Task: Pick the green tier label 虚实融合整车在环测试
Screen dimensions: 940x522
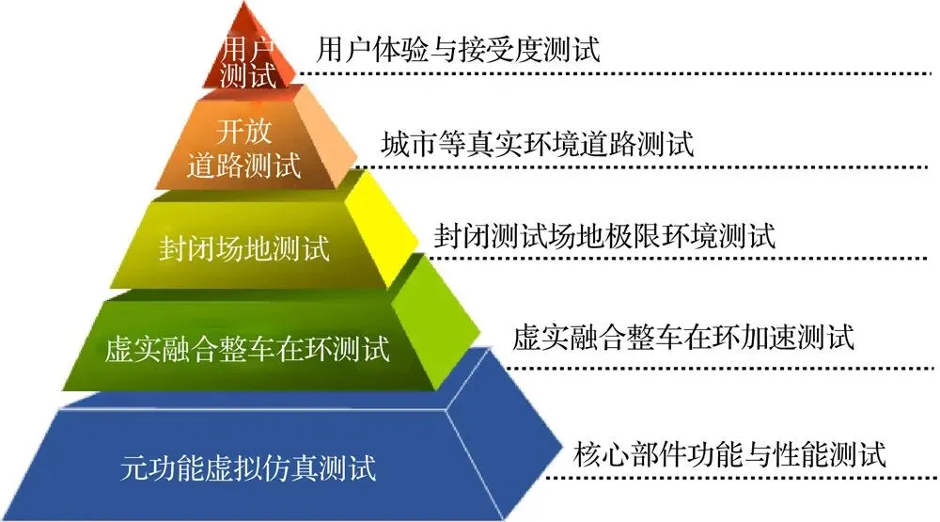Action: [247, 350]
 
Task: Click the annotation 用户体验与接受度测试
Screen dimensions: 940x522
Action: [458, 48]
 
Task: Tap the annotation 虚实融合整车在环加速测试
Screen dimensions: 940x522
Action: [683, 337]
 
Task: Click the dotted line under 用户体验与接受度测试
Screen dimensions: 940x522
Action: [611, 73]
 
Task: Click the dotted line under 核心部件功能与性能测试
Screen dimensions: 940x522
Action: [743, 478]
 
